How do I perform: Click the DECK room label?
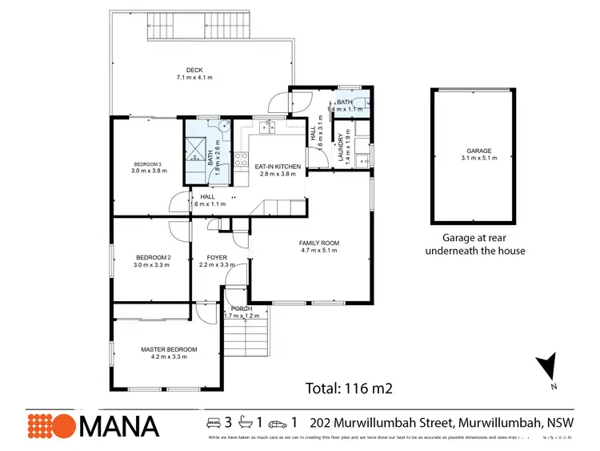coord(192,70)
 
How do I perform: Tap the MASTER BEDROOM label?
coord(169,349)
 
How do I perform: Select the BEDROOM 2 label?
coord(152,257)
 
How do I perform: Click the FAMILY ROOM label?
coord(319,243)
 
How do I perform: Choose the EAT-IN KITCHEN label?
coord(278,167)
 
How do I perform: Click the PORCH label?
coord(242,308)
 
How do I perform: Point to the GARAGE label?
coord(479,151)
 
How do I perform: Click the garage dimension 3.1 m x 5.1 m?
coord(479,159)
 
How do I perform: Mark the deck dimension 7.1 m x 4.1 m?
coord(192,78)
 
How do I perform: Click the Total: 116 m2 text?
coord(349,389)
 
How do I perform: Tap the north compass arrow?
coord(549,368)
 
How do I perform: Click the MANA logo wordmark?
coord(118,425)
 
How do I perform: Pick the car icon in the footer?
coord(277,422)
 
